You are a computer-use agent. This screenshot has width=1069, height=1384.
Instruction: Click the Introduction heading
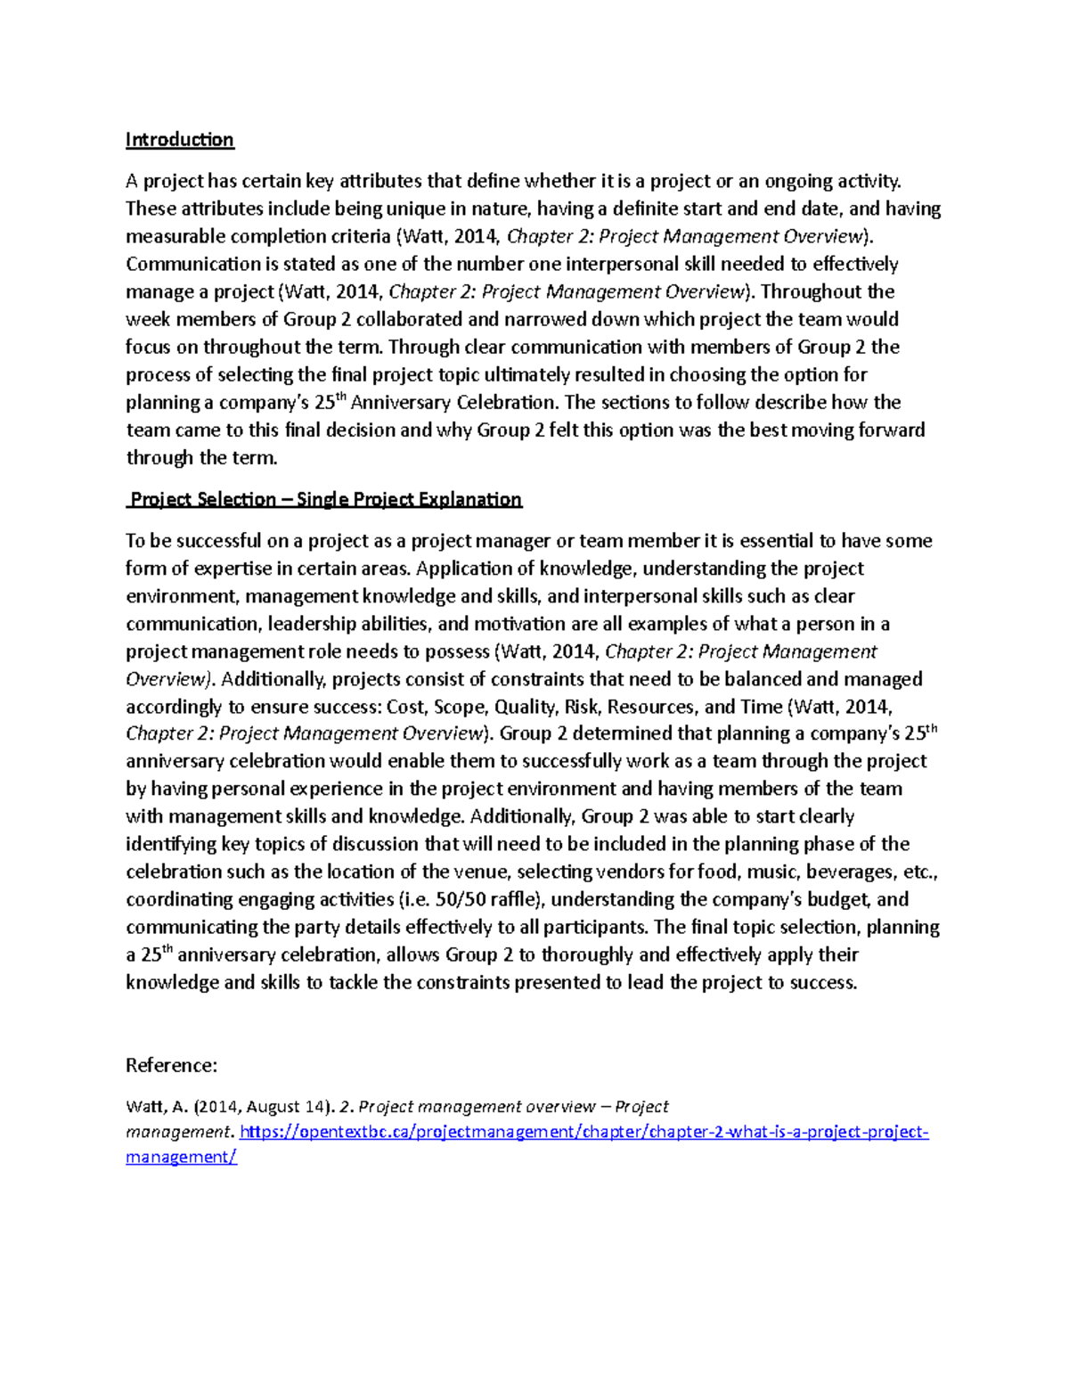[179, 140]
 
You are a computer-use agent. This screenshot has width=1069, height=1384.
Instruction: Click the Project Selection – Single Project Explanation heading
[325, 499]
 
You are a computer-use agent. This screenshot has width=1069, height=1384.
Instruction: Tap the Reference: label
[171, 1066]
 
